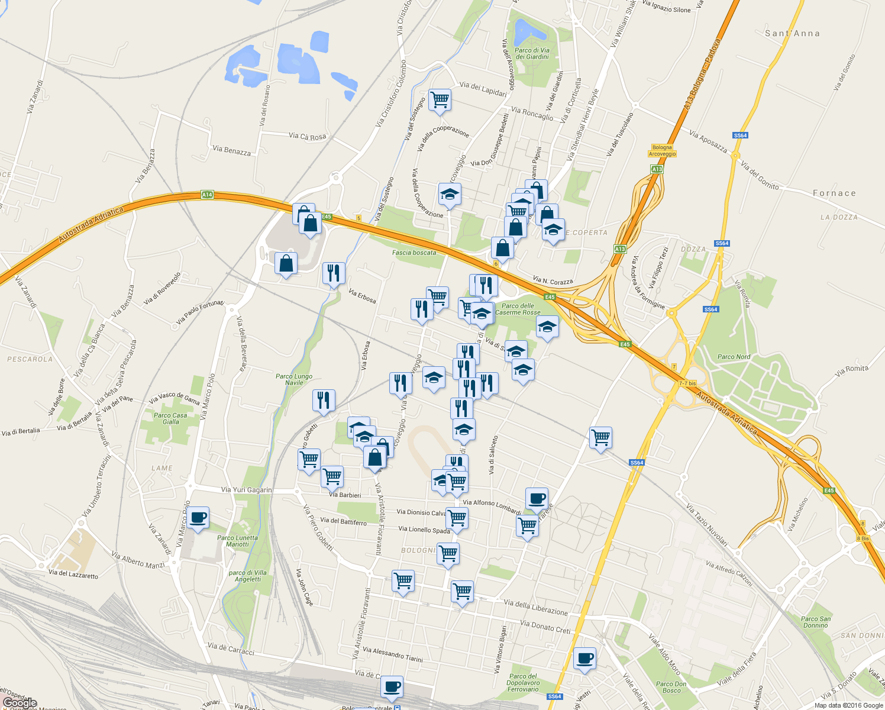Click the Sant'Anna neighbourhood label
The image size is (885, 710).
[x=792, y=34]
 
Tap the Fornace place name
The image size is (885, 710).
[x=834, y=193]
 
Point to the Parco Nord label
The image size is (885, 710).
[x=734, y=357]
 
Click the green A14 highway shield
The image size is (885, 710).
[x=206, y=195]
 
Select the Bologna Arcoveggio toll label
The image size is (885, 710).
[x=662, y=151]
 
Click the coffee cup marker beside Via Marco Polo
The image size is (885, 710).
[x=198, y=518]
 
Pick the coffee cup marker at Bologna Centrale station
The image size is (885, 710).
[x=392, y=686]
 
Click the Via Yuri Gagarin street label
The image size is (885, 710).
[x=246, y=490]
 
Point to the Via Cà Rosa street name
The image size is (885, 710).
[x=307, y=137]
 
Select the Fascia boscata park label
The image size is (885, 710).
[x=414, y=253]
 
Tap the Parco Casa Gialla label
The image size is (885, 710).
[x=170, y=418]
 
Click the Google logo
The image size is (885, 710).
[x=20, y=703]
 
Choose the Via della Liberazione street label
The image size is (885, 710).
[x=535, y=607]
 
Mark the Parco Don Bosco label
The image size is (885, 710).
[x=671, y=687]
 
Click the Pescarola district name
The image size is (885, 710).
[x=30, y=359]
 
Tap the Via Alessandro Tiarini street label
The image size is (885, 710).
[x=393, y=654]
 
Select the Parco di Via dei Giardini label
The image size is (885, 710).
[x=532, y=54]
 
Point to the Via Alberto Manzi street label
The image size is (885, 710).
[x=138, y=561]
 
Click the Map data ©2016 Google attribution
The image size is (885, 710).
[x=848, y=705]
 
